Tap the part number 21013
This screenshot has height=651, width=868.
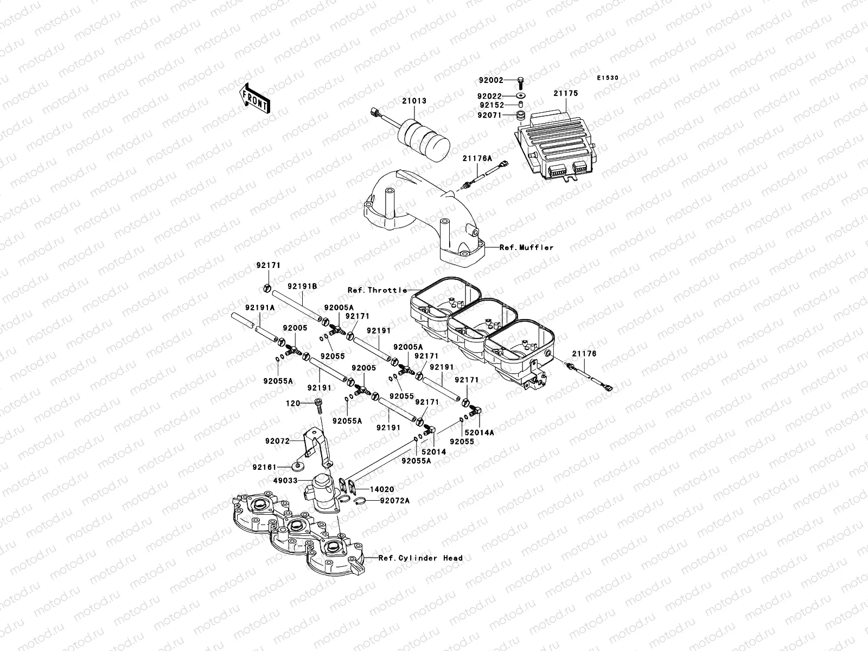414,101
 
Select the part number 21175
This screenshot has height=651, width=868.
565,93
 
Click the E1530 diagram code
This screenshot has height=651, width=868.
608,78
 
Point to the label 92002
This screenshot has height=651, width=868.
491,80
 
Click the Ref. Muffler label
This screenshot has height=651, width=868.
526,247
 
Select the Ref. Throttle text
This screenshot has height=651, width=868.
377,290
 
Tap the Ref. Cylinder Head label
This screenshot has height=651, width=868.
420,558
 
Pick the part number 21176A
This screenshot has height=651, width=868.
477,158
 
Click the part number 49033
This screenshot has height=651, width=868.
285,480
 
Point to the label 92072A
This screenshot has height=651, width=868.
394,501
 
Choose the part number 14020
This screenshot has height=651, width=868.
381,489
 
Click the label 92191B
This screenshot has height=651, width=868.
302,286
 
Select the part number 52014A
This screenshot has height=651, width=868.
479,433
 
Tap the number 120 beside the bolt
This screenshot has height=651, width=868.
293,404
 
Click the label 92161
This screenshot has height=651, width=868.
265,467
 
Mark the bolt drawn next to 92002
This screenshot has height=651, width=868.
520,82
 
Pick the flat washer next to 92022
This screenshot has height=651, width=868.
521,95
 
